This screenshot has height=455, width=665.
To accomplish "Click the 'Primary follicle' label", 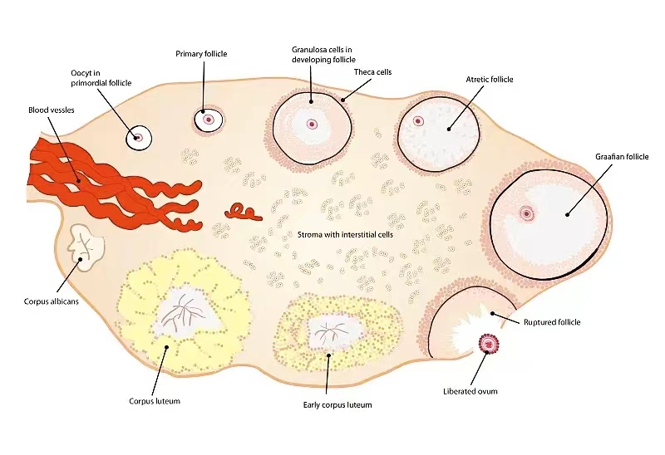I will coord(201,54).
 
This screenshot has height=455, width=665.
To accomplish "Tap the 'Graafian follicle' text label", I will coord(621,156).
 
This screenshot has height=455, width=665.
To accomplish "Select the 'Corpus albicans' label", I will coord(52,301).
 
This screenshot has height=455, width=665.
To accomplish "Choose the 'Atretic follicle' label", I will coord(490,79).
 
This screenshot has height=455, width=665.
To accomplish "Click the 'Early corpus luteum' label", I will coord(337,404).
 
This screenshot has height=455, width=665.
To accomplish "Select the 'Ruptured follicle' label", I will coord(551,322).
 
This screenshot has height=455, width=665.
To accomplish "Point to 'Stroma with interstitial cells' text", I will coord(345,235).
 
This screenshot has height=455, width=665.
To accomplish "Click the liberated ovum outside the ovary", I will coord(487,343).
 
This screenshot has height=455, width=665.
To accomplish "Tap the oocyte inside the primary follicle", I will coord(208,120).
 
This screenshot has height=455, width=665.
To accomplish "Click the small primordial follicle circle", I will coord(139,138).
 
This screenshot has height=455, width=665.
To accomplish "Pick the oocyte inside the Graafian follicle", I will coord(525,213).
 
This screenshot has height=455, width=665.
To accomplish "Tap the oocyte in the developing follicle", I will coord(313,125).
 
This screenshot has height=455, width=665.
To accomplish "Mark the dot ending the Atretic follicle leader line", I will coord(448,129).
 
